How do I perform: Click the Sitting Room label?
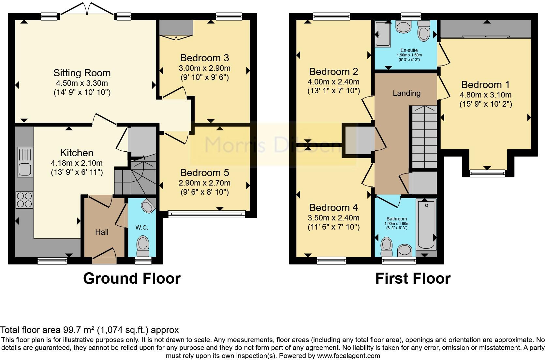pos(82,73)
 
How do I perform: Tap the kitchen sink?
pos(25,162)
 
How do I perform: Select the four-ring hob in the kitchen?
pos(24,200)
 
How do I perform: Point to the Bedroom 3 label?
pos(205,58)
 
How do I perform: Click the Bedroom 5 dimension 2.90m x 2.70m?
pos(205,183)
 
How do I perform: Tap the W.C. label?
pos(142,228)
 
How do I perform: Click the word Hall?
pos(102,232)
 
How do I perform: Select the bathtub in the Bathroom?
pos(426,224)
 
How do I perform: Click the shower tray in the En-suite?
pos(383,34)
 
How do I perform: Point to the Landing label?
pos(406,93)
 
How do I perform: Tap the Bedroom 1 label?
pos(485,85)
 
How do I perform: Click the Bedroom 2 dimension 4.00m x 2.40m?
pos(333,82)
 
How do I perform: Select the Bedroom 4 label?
pos(333,208)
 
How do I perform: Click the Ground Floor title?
pos(132,278)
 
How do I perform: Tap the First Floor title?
pos(413,278)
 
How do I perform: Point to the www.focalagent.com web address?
pos(348,356)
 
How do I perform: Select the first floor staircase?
pos(424,137)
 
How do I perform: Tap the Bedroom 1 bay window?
pos(487,173)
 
